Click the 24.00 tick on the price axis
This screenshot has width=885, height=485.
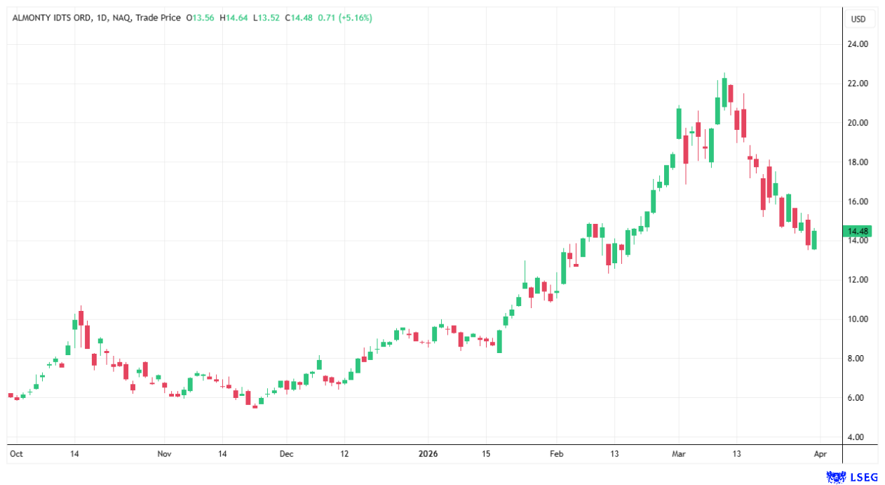[858, 44]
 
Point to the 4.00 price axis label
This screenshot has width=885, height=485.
[856, 437]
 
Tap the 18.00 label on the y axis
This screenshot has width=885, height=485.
[858, 162]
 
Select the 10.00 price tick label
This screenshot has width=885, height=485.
[858, 319]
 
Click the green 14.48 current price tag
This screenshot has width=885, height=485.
[858, 231]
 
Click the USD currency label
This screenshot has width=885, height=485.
[858, 19]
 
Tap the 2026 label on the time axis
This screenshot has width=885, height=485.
[428, 453]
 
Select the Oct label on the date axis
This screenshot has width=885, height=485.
[15, 453]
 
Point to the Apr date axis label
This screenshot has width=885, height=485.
[821, 453]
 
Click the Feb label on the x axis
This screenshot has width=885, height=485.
[556, 453]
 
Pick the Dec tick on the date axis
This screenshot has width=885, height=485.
[286, 453]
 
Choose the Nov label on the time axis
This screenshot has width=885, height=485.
[164, 453]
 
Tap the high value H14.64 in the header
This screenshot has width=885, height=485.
[235, 18]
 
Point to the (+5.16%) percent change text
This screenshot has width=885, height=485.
[355, 18]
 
